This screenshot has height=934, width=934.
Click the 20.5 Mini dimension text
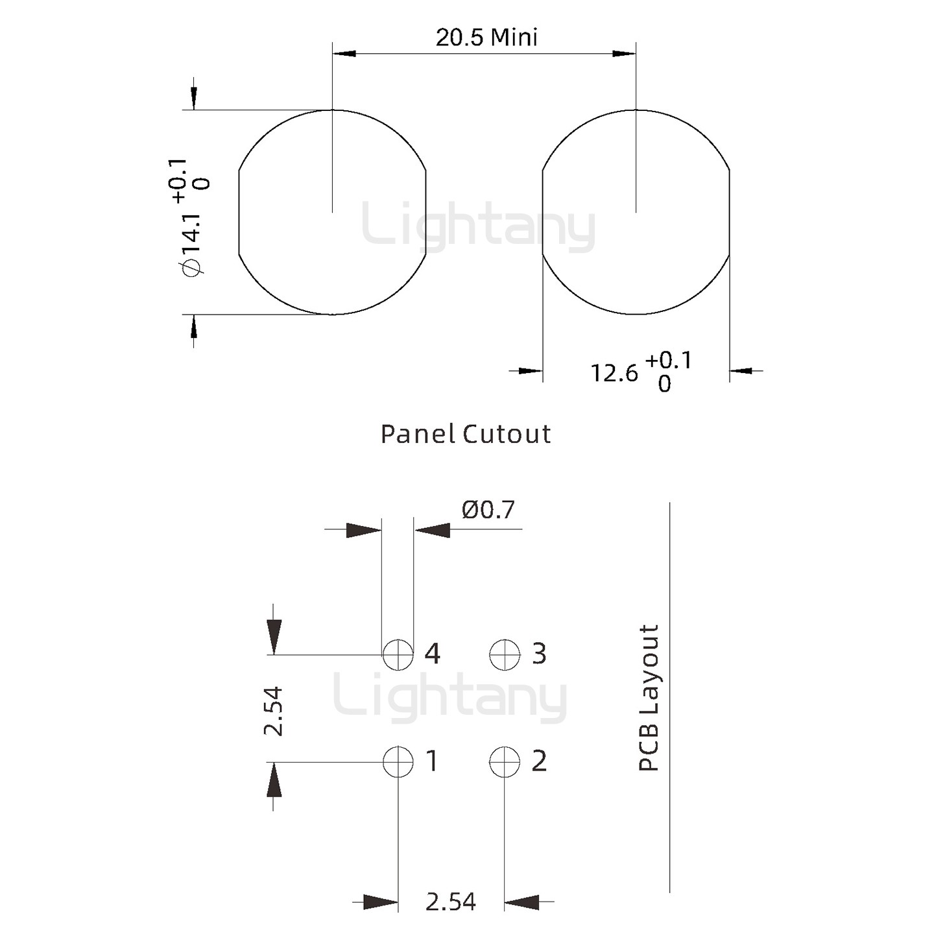[486, 38]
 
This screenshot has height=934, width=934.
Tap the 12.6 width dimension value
[614, 373]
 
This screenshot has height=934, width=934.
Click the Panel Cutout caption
[465, 434]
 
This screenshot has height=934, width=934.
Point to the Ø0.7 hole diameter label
[488, 510]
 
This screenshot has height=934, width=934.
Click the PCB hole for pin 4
[398, 654]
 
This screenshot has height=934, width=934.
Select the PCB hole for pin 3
[505, 654]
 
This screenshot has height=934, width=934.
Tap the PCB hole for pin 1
[398, 761]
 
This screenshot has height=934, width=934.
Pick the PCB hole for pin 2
[505, 761]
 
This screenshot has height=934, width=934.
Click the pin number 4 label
[433, 654]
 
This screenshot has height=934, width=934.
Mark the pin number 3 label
[539, 654]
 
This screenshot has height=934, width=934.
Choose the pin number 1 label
[432, 761]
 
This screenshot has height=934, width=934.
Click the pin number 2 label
[539, 761]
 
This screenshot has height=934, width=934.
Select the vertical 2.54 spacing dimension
[274, 711]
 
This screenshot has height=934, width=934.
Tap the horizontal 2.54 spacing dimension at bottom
[450, 902]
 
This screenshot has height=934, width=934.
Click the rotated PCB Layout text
[649, 698]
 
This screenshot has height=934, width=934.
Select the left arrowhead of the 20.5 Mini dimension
[344, 53]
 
